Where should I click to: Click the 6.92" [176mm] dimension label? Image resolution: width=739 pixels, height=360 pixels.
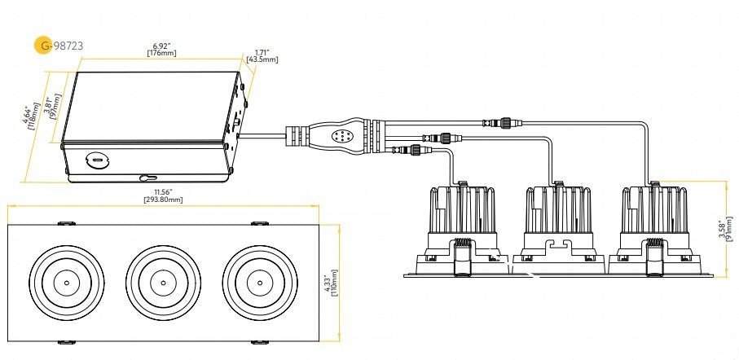[162, 50]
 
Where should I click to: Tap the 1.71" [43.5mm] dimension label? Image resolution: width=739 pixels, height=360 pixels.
[262, 56]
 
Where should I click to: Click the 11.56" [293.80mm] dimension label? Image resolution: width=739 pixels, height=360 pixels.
[163, 195]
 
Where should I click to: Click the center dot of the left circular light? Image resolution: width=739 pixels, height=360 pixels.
[67, 283]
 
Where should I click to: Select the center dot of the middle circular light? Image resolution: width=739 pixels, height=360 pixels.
[163, 283]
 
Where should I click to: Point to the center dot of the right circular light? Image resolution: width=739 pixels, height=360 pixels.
[260, 283]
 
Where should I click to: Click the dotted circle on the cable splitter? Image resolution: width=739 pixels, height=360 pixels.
[338, 136]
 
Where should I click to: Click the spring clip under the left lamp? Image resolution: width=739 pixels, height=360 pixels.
[462, 257]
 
